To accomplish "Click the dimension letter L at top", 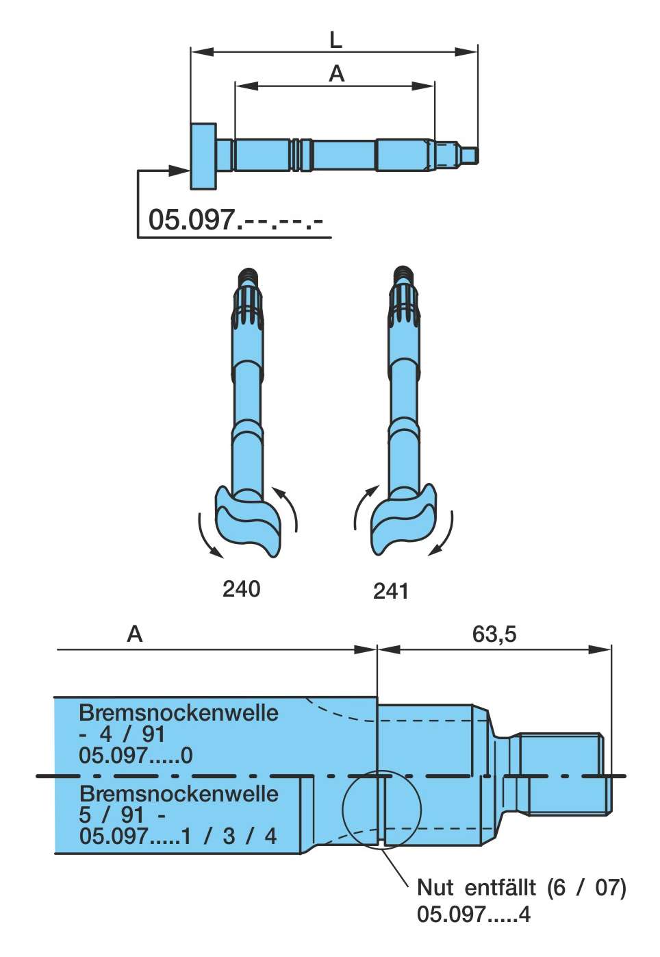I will coord(335,40).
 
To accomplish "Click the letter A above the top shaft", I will coord(336,73).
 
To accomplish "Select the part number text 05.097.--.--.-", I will coord(236,221).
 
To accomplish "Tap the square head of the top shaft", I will coord(203,156).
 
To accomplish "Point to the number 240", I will coord(241,588).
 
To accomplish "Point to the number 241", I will coord(391,591).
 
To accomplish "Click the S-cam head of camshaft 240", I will coord(249,521).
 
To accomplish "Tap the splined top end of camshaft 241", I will coord(405,295).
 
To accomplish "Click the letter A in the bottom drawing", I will coord(135,634).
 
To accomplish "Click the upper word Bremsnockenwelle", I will coord(179,712).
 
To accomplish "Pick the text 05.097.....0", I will coord(136,756).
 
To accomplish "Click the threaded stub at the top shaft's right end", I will coord(468,155).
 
